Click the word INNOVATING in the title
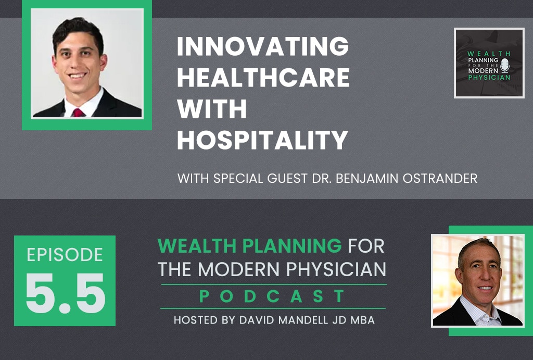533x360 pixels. click(263, 48)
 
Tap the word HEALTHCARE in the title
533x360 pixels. click(263, 78)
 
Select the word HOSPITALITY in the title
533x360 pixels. click(262, 140)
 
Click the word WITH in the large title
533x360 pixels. click(212, 109)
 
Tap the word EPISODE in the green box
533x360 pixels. click(65, 255)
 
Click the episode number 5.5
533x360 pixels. click(65, 294)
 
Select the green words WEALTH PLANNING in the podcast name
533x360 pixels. click(249, 245)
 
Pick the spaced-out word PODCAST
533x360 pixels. click(273, 297)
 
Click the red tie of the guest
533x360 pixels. click(78, 112)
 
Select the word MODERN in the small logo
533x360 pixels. click(482, 71)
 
